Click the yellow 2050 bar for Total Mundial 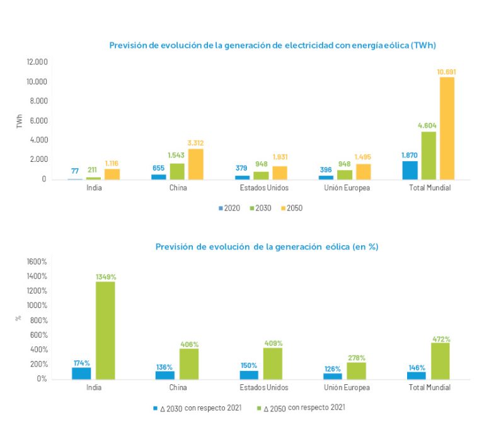coord(447,128)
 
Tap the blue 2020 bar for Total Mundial coord(410,170)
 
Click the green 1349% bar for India coord(105,330)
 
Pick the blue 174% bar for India coord(81,373)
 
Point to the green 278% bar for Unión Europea coord(356,370)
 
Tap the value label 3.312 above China coord(195,143)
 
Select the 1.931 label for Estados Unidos coord(279,156)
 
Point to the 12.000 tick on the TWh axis coord(37,62)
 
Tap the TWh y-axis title coord(20,121)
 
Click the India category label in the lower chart coord(94,387)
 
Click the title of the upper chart coord(273,45)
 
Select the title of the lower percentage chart coord(267,246)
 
